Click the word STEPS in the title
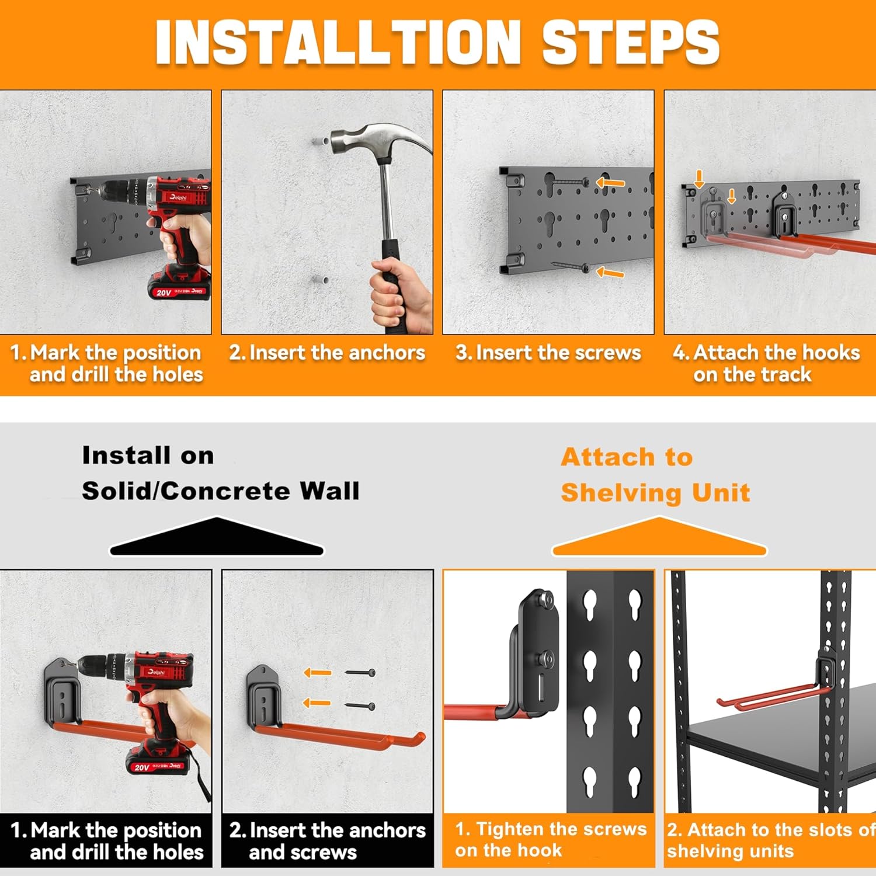(x=631, y=42)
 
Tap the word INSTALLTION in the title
(x=338, y=42)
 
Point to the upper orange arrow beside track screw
(x=610, y=183)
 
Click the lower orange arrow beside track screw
(x=610, y=272)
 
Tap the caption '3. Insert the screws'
(x=548, y=353)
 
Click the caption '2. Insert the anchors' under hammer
(x=327, y=353)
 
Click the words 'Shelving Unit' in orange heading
(x=655, y=493)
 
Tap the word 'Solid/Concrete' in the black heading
(x=186, y=491)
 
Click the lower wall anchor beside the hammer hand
(x=320, y=280)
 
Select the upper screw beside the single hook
(x=360, y=673)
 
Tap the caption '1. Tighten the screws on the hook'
(x=551, y=840)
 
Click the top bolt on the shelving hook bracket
(x=547, y=599)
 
